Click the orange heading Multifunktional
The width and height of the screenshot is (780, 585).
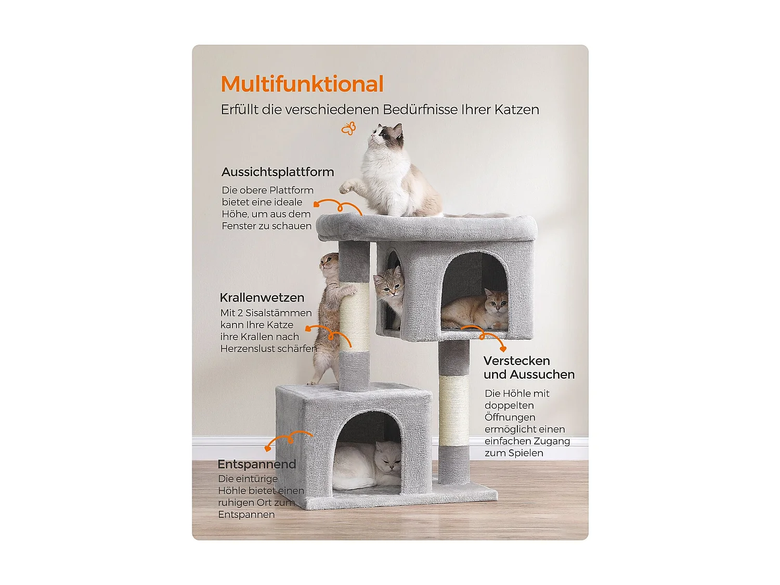click(x=302, y=84)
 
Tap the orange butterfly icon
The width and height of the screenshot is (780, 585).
click(x=348, y=128)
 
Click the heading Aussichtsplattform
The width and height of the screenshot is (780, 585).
click(x=278, y=172)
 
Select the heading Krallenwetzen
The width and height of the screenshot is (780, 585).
click(x=262, y=298)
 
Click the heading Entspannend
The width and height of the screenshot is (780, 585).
click(x=256, y=464)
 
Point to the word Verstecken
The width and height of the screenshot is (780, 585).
click(x=516, y=361)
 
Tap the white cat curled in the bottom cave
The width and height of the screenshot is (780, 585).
click(x=367, y=464)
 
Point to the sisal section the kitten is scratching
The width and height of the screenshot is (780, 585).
click(x=355, y=317)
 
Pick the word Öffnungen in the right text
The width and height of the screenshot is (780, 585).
click(x=510, y=418)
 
